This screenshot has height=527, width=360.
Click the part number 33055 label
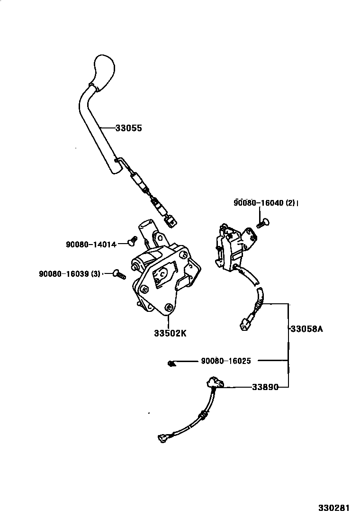(x=129, y=128)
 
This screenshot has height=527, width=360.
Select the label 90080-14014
(x=91, y=245)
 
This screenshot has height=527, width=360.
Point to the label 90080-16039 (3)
(x=69, y=273)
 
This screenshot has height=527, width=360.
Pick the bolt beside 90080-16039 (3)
(x=118, y=273)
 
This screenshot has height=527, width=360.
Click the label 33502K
(x=170, y=333)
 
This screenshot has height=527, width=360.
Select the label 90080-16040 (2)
(x=264, y=203)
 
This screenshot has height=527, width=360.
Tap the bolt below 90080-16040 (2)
(x=262, y=221)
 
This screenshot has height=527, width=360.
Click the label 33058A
(x=306, y=328)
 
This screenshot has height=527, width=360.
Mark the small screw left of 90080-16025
(x=171, y=363)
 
